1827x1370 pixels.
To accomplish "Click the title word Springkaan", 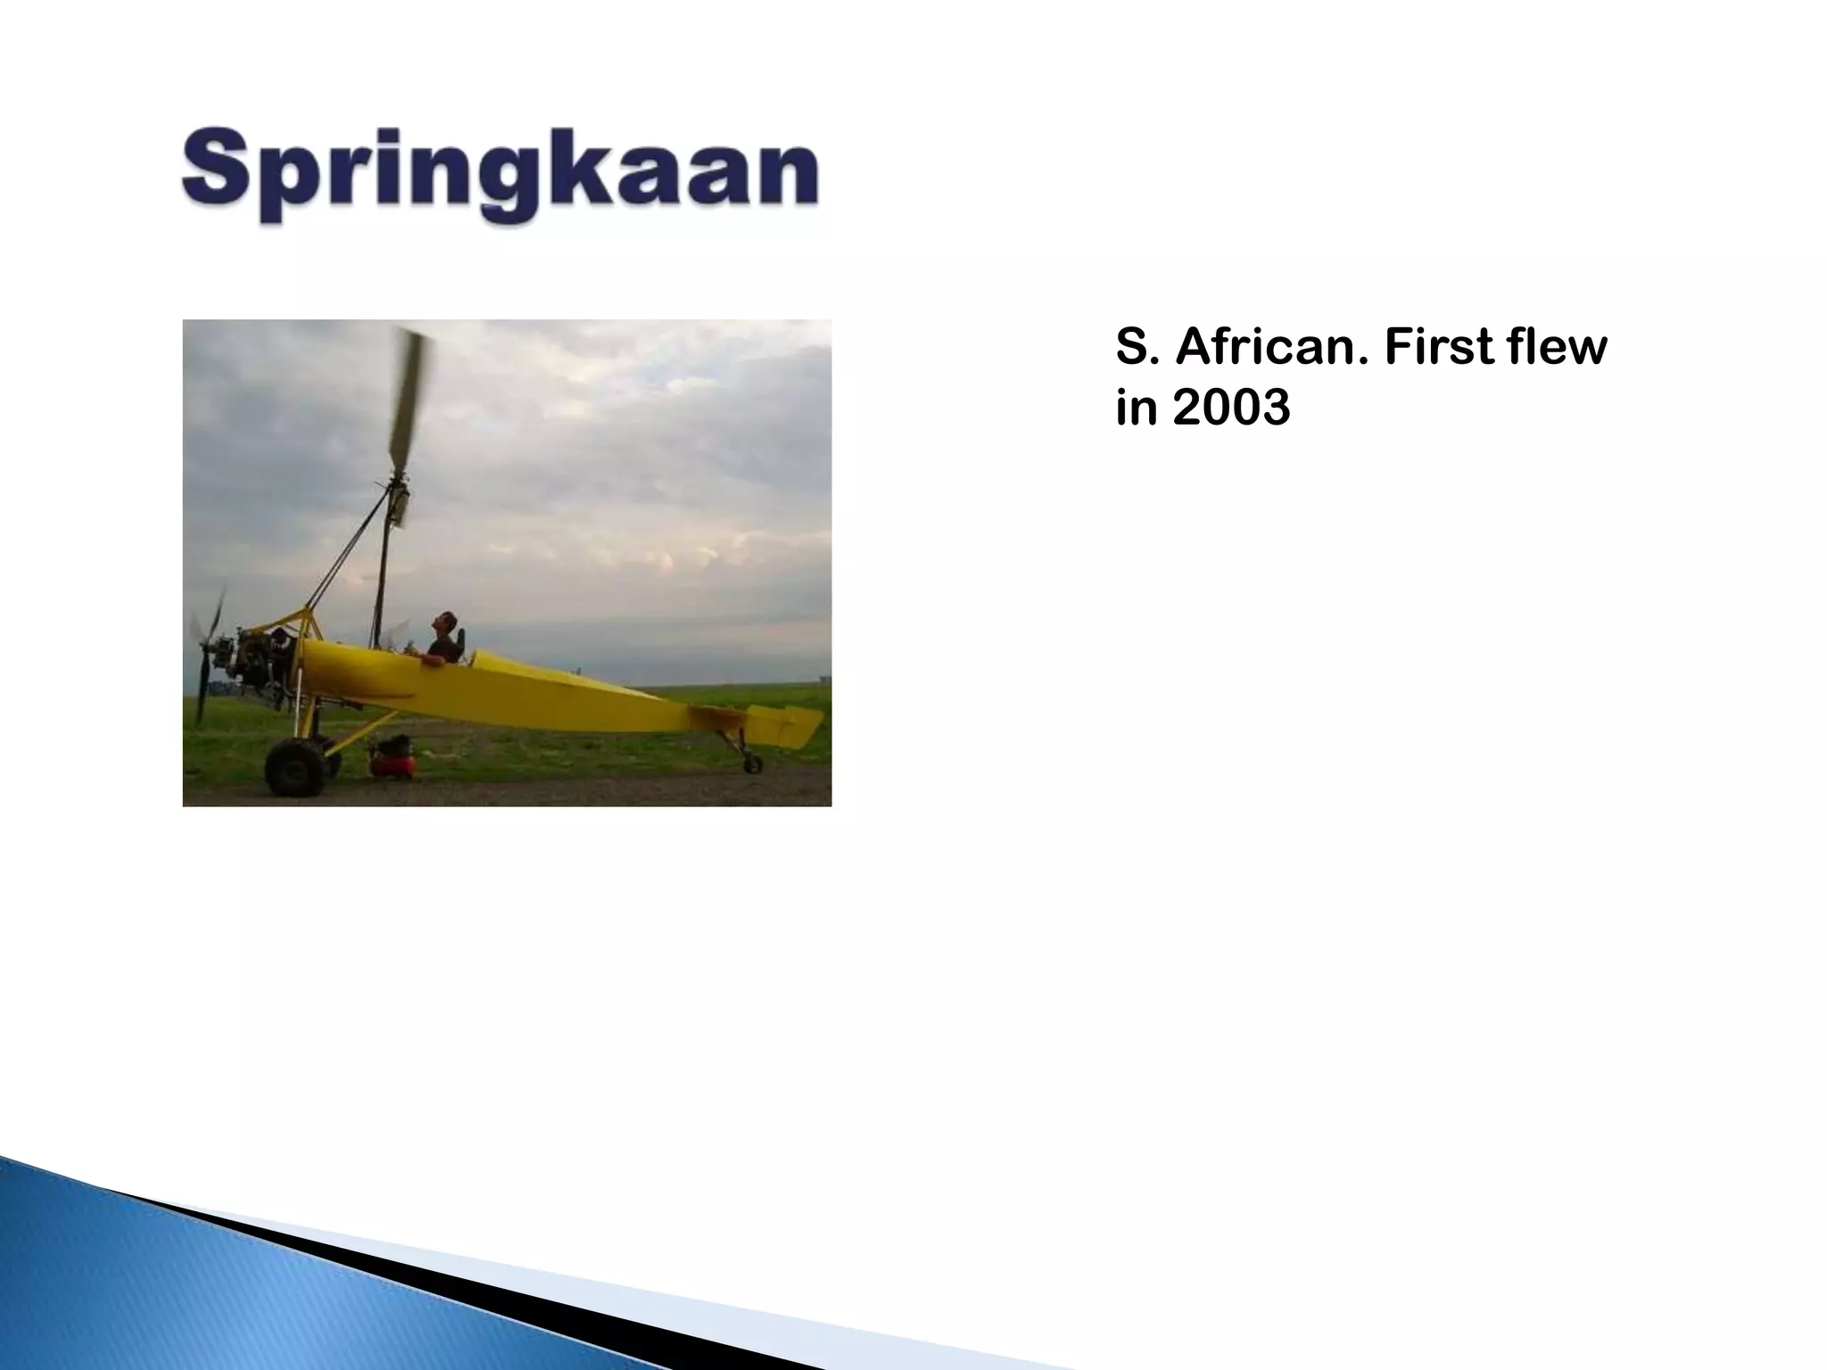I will pyautogui.click(x=500, y=171).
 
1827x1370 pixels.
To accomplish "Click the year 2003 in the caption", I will pyautogui.click(x=1231, y=409).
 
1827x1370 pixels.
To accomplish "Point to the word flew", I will pyautogui.click(x=1557, y=348).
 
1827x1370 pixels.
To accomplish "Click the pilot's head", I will pyautogui.click(x=443, y=622).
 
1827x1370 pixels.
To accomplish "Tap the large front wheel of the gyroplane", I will pyautogui.click(x=295, y=768).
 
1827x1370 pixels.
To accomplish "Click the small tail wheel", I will pyautogui.click(x=753, y=763).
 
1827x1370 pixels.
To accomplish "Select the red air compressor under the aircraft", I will pyautogui.click(x=393, y=758).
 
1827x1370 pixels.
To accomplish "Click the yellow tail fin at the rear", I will pyautogui.click(x=785, y=724).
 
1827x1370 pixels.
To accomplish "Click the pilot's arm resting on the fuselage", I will pyautogui.click(x=434, y=659).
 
